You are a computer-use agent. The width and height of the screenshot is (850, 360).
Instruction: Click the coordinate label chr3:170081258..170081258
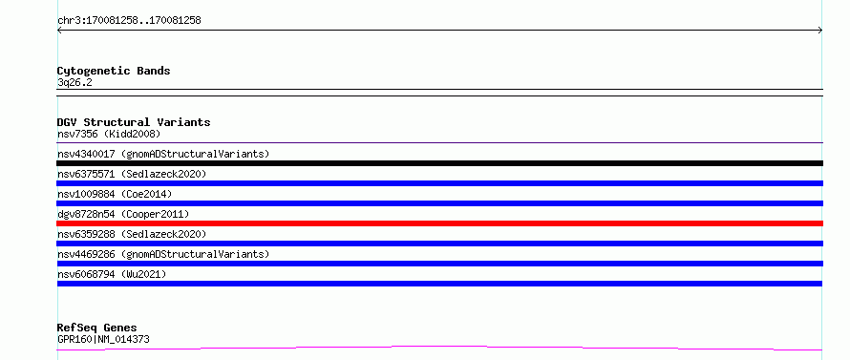[x=129, y=21]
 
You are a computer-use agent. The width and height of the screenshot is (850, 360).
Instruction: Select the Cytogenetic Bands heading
[x=114, y=71]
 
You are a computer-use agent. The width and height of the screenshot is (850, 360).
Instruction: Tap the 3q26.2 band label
[x=74, y=83]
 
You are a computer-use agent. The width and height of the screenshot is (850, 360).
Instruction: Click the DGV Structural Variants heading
[x=134, y=122]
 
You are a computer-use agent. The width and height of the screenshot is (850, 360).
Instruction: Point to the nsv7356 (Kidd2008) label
[x=109, y=134]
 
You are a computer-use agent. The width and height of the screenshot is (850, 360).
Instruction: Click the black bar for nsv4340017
[x=440, y=163]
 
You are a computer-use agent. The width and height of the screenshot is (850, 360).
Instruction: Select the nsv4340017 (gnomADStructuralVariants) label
[x=163, y=154]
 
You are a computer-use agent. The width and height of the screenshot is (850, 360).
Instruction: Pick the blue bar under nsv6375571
[x=440, y=183]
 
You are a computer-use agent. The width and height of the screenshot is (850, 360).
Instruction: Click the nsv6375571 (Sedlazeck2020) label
[x=132, y=174]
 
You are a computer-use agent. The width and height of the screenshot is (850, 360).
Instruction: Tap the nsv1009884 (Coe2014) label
[x=115, y=194]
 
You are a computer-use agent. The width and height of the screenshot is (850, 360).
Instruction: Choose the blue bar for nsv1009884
[x=440, y=203]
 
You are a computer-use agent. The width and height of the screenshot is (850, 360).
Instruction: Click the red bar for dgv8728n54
[x=440, y=223]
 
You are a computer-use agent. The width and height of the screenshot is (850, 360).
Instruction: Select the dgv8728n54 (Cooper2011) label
[x=123, y=214]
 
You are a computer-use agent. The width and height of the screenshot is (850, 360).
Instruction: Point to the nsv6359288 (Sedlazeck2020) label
[x=132, y=234]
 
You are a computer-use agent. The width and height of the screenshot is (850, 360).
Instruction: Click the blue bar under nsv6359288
[x=440, y=244]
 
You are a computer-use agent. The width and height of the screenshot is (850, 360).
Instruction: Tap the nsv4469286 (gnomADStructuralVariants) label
[x=163, y=254]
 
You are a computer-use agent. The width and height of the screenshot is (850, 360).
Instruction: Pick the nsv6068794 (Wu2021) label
[x=112, y=274]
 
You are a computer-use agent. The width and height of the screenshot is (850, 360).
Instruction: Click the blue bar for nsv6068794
[x=439, y=284]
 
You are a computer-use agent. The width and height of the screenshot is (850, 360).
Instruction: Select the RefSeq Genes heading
[x=96, y=328]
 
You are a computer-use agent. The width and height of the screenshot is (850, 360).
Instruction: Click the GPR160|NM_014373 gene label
[x=103, y=339]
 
